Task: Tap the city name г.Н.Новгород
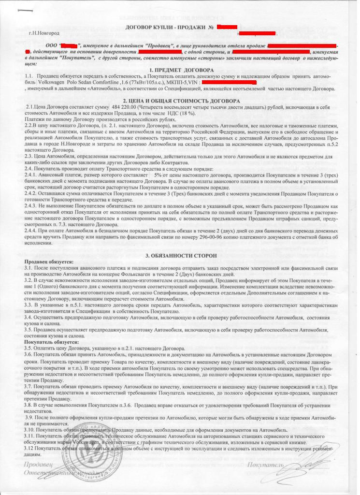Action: (x=44, y=33)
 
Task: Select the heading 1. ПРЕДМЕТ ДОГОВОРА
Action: (x=179, y=70)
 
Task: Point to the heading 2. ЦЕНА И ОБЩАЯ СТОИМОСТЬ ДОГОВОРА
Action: (x=179, y=100)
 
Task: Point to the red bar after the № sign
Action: (x=227, y=26)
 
